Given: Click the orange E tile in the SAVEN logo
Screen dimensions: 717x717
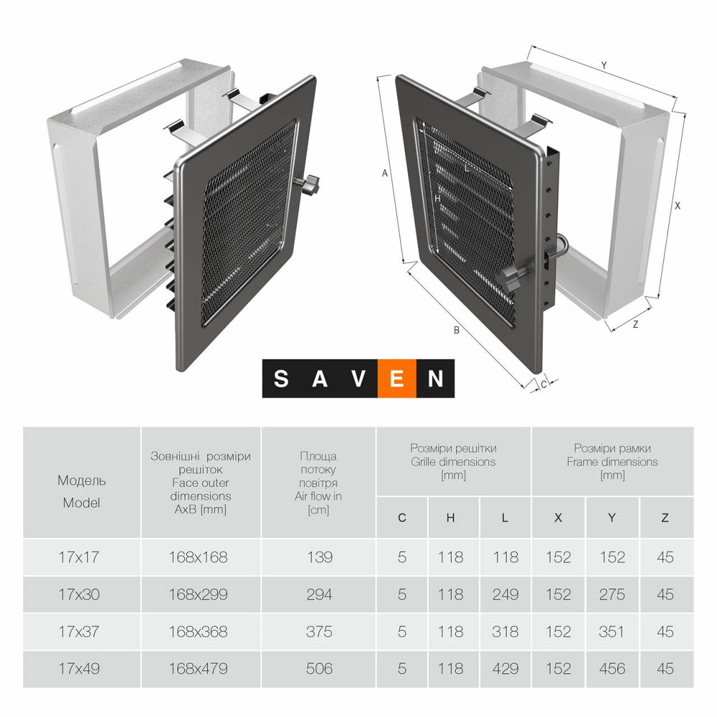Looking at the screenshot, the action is (x=397, y=379).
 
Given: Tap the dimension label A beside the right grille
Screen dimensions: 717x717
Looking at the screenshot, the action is (x=385, y=174).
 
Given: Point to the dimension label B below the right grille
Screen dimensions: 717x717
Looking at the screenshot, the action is (x=456, y=330).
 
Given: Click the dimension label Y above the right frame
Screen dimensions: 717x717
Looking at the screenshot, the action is (x=604, y=65).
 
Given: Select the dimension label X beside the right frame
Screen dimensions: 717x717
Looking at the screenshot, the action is (x=678, y=206).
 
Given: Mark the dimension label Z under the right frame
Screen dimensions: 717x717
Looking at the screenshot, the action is (x=635, y=324).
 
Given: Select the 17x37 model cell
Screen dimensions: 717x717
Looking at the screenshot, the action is (x=79, y=632).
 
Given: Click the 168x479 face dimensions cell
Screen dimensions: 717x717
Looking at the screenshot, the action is (x=198, y=668).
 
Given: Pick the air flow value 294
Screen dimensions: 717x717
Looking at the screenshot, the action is (x=319, y=594).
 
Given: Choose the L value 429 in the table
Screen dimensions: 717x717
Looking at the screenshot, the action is (x=505, y=668).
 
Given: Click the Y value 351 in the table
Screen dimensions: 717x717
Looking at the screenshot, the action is (x=612, y=632).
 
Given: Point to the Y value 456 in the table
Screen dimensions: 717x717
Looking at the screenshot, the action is (x=612, y=668).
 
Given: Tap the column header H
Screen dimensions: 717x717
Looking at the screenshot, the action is (x=450, y=518).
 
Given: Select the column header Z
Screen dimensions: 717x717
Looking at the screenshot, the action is (x=665, y=518).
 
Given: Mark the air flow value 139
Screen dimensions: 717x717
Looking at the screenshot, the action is (x=319, y=557).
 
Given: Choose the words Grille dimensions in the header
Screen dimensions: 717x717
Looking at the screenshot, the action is (x=453, y=462).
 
